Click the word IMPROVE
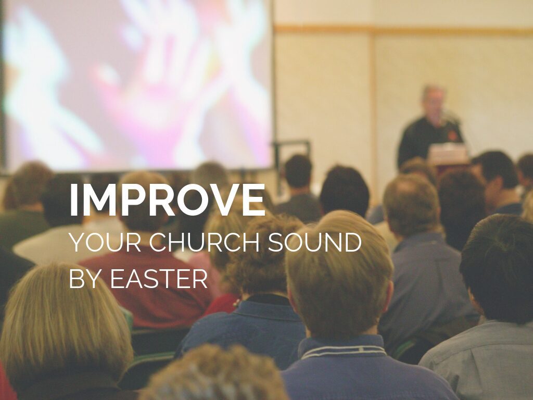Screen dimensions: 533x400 [x=167, y=199]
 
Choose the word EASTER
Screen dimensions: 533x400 [x=158, y=279]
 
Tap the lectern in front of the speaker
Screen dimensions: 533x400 [x=448, y=155]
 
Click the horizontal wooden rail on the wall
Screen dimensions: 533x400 [x=403, y=30]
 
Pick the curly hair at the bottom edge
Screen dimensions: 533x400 [x=214, y=374]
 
